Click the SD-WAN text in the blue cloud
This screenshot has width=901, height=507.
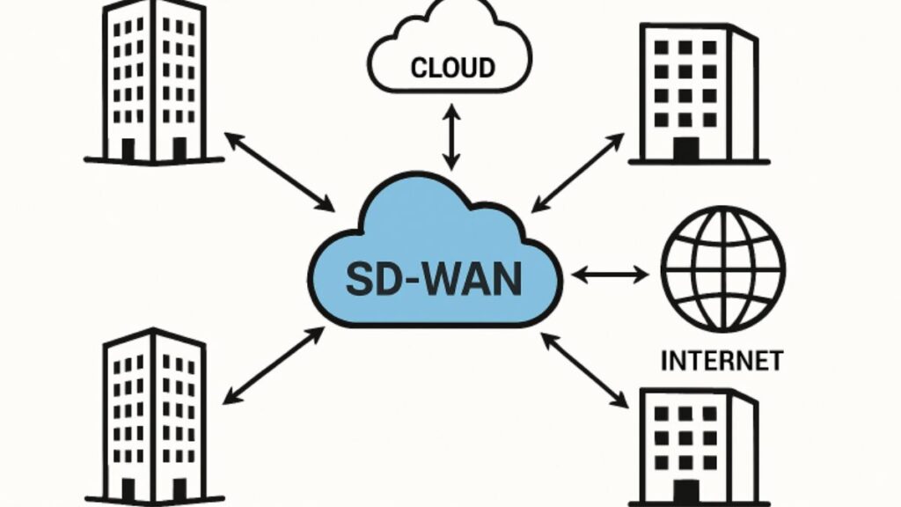coord(433,278)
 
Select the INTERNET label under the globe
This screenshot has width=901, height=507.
coord(722,361)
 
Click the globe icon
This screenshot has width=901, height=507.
coord(722,270)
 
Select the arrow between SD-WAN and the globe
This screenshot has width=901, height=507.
coord(610,276)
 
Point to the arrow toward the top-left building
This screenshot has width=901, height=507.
coord(280,172)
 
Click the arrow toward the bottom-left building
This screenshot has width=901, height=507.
coord(273,365)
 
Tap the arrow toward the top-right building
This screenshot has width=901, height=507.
coord(579,172)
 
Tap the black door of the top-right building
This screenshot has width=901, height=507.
coord(685,149)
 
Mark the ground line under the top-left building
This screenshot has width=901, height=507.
coord(154,160)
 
